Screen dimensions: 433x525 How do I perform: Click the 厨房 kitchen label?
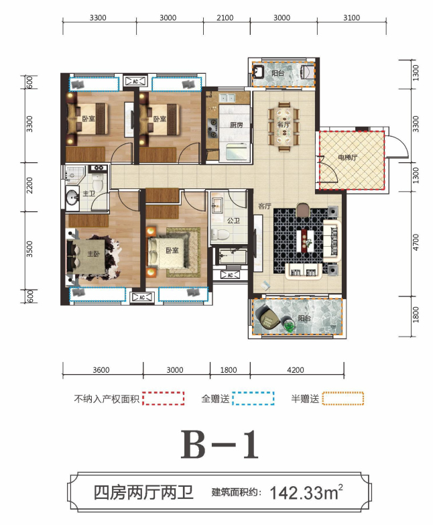pyautogui.click(x=236, y=125)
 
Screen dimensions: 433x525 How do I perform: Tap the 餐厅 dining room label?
pyautogui.click(x=284, y=124)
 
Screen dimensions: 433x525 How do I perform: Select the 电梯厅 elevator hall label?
pyautogui.click(x=347, y=158)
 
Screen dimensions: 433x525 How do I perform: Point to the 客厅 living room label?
pyautogui.click(x=264, y=207)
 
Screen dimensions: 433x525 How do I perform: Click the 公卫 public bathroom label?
pyautogui.click(x=233, y=221)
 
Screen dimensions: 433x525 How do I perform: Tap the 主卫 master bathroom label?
pyautogui.click(x=89, y=194)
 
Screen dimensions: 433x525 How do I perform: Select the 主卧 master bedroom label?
pyautogui.click(x=94, y=254)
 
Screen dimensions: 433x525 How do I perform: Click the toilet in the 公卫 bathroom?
pyautogui.click(x=219, y=234)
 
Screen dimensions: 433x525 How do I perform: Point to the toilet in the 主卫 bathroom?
pyautogui.click(x=97, y=182)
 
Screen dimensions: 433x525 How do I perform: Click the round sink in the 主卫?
pyautogui.click(x=71, y=198)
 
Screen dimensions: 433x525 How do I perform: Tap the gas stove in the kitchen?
pyautogui.click(x=212, y=128)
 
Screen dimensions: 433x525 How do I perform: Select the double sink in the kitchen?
pyautogui.click(x=227, y=98)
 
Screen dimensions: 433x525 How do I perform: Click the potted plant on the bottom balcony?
pyautogui.click(x=289, y=325)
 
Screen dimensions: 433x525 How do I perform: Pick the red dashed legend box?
pyautogui.click(x=164, y=398)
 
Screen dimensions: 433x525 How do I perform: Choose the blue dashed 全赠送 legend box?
pyautogui.click(x=253, y=398)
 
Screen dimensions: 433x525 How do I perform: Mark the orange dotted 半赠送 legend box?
pyautogui.click(x=343, y=398)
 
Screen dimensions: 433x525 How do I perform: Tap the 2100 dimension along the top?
pyautogui.click(x=225, y=17)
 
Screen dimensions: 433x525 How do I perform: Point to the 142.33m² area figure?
pyautogui.click(x=306, y=492)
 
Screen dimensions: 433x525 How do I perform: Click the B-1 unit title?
pyautogui.click(x=220, y=445)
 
